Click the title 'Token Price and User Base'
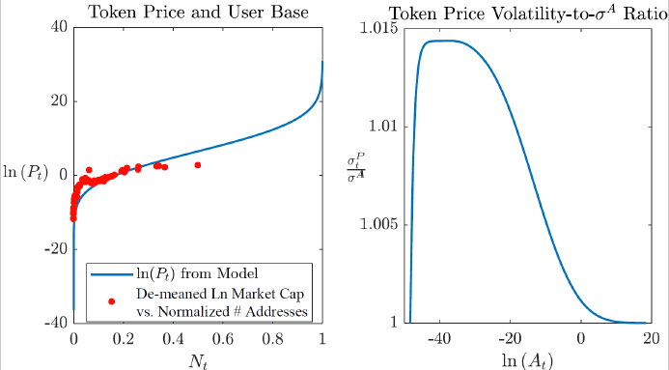click(x=198, y=12)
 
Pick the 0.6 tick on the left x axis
click(x=223, y=338)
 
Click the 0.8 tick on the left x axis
click(x=273, y=338)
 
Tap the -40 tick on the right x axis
click(x=439, y=338)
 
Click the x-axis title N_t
click(x=198, y=358)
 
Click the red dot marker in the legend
click(x=112, y=300)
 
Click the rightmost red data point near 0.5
click(x=198, y=165)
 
